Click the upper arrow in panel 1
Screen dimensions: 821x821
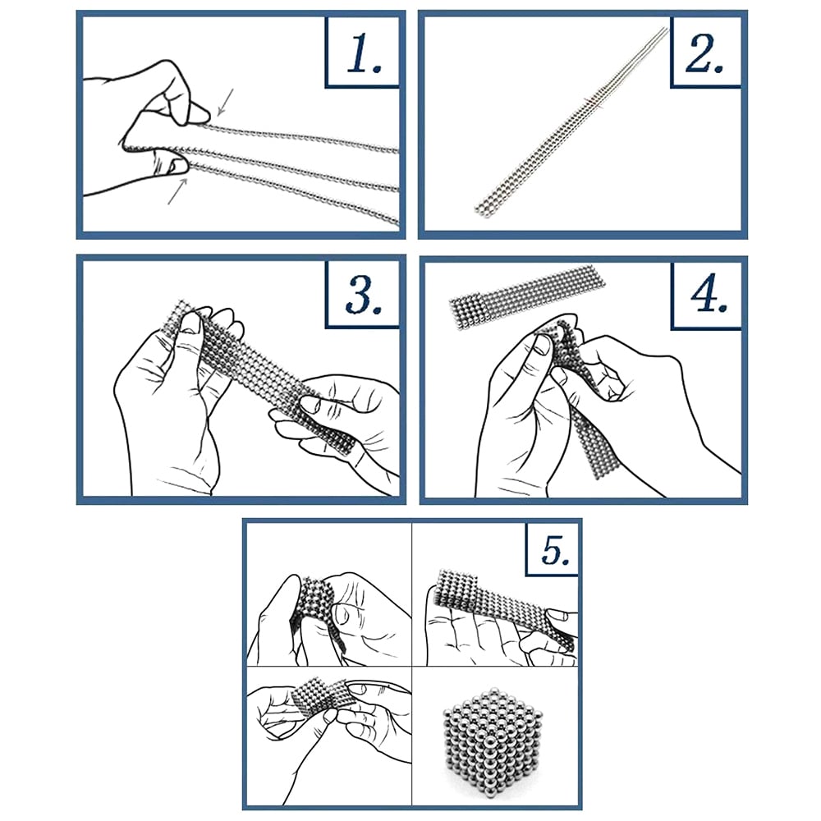tap(225, 102)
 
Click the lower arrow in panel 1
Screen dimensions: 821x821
tap(177, 191)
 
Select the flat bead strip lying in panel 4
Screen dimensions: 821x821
tap(527, 299)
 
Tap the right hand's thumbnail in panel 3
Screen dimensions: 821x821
tap(310, 403)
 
